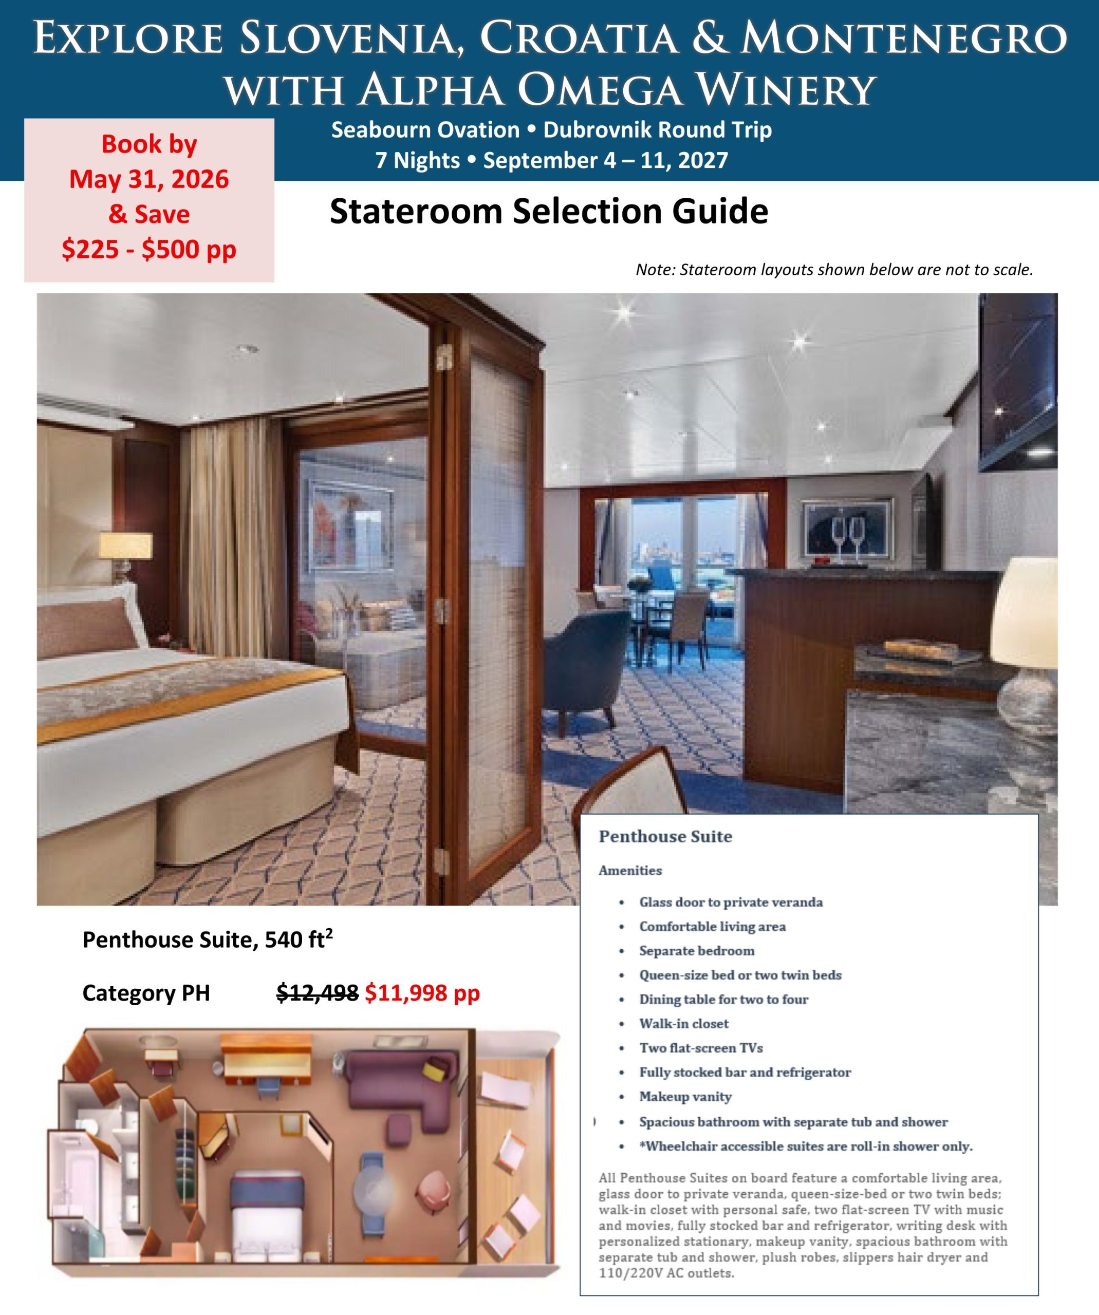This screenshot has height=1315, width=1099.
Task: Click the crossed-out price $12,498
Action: [x=318, y=992]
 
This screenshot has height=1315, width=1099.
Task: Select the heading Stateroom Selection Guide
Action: [x=549, y=211]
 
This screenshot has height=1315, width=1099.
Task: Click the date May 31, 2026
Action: [x=149, y=179]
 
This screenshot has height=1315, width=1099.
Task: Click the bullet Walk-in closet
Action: [x=683, y=1023]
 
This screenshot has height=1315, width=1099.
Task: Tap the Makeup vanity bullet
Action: [x=685, y=1097]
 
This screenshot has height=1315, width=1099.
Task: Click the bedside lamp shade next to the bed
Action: [x=125, y=546]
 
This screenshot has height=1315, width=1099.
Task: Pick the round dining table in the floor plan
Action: [x=374, y=1189]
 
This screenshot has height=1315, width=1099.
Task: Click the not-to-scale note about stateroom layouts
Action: [x=834, y=270]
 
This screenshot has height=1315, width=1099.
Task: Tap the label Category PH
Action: [x=146, y=993]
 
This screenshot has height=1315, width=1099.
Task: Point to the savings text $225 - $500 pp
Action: [x=149, y=249]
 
